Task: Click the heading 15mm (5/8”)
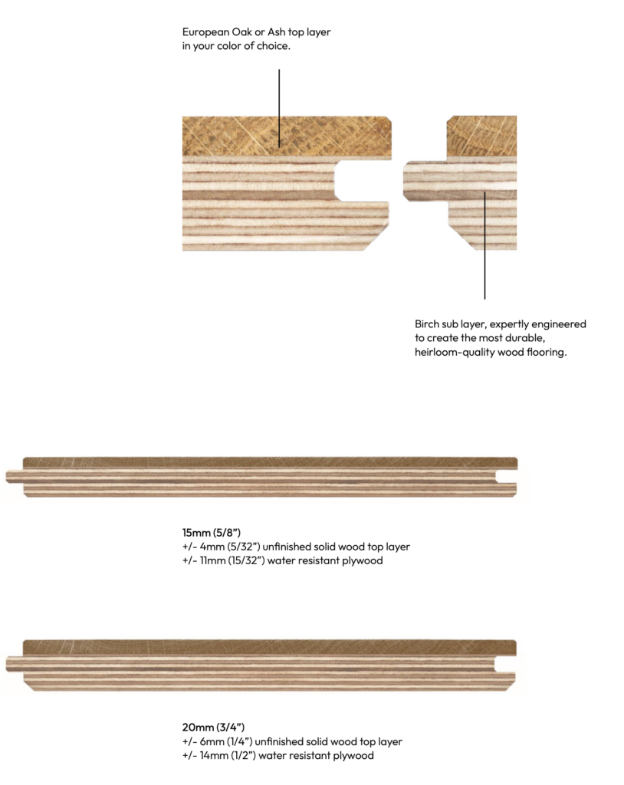[212, 532]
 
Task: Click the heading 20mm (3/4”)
[213, 727]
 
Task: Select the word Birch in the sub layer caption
[427, 324]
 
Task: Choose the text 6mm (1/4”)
[226, 741]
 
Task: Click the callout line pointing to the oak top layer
[279, 108]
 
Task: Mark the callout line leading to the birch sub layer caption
[484, 245]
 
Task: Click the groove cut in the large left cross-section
[362, 180]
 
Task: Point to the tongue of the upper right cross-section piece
[425, 181]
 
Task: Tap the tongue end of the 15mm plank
[14, 476]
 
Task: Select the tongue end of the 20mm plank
[14, 664]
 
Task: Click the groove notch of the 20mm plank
[505, 665]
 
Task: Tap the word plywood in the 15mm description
[362, 561]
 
